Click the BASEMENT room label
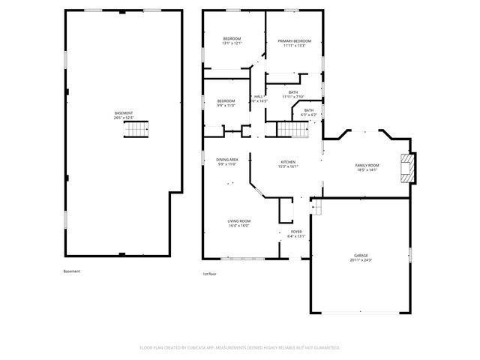click(x=123, y=113)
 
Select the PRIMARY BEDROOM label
click(x=294, y=41)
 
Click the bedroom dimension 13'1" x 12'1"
click(x=232, y=43)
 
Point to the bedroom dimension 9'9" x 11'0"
click(x=226, y=106)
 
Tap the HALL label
click(x=259, y=96)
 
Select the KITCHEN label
click(x=289, y=162)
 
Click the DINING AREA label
click(x=227, y=160)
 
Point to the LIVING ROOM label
click(x=239, y=220)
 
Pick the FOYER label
click(x=296, y=232)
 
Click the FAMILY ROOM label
click(x=367, y=165)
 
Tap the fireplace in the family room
click(x=406, y=168)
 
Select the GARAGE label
click(x=361, y=256)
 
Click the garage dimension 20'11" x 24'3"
click(x=361, y=260)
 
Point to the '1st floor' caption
click(x=210, y=274)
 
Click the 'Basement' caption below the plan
click(x=71, y=271)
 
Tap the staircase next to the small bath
click(x=293, y=130)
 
